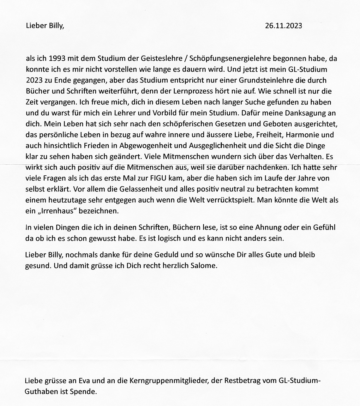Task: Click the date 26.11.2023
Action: point(284,26)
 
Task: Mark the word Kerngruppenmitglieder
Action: point(169,381)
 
